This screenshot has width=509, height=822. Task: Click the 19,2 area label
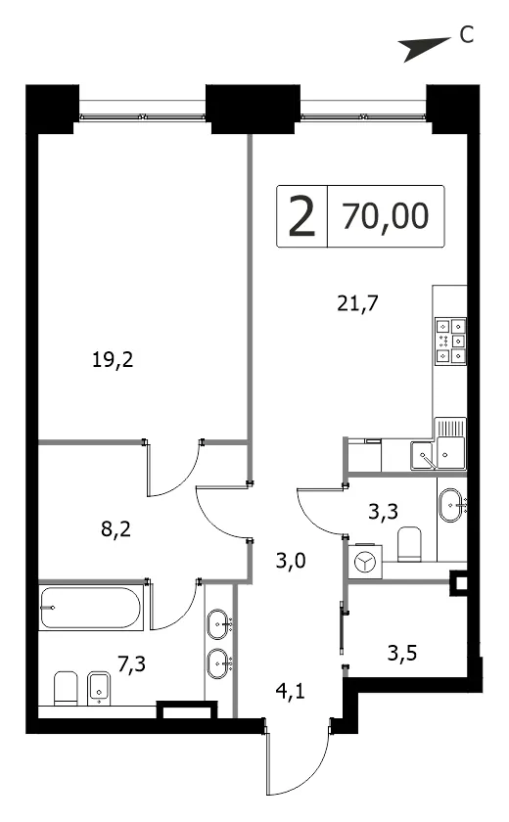113,360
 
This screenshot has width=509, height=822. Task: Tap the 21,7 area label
357,303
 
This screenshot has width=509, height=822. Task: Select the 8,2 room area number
116,529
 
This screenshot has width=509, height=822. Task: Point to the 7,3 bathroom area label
131,664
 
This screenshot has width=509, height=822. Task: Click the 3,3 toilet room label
383,511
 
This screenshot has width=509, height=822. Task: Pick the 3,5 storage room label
402,654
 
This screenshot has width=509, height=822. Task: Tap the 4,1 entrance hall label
291,692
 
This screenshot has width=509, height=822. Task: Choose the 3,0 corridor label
291,561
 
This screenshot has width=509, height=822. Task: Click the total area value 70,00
386,216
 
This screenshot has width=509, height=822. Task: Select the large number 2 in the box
302,216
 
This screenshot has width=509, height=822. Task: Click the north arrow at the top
424,47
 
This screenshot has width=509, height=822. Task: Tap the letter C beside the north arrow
466,34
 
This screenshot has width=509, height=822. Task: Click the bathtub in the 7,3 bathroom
91,607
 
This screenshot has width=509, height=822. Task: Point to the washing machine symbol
365,563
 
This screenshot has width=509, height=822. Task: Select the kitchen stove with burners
450,342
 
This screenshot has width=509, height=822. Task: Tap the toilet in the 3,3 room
409,544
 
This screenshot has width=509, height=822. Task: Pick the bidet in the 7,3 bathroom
97,687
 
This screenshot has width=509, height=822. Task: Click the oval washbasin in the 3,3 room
449,505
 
